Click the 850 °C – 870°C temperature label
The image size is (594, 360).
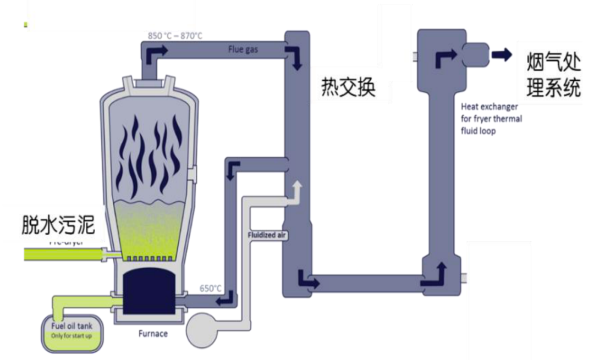click(175, 36)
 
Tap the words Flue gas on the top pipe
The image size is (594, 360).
click(243, 51)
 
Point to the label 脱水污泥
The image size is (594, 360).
click(58, 224)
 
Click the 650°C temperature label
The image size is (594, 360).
click(210, 289)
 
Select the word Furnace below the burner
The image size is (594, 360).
click(153, 334)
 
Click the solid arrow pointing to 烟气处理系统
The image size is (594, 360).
click(501, 54)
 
